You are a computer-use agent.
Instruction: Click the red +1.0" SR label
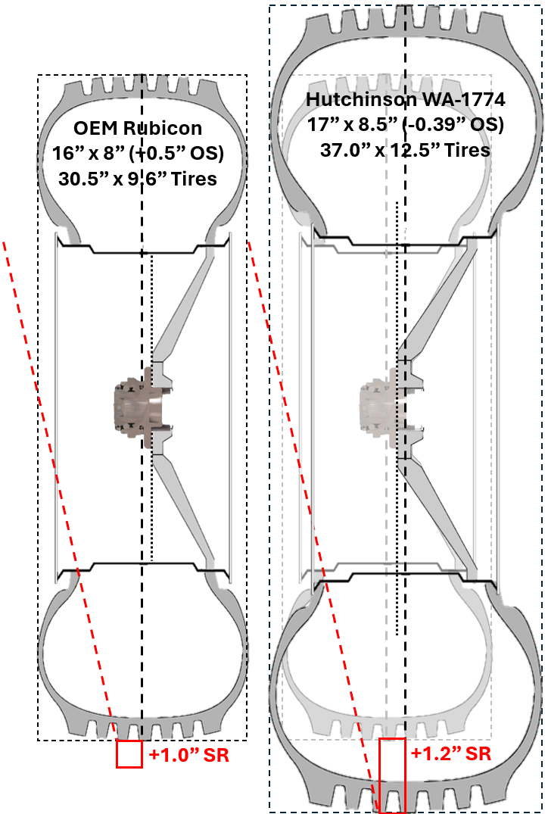pos(189,754)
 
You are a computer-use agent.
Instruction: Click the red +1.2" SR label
pos(451,753)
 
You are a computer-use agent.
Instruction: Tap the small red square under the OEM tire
pos(129,753)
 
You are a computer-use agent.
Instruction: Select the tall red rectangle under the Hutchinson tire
pos(392,775)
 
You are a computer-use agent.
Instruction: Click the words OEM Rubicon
pos(138,128)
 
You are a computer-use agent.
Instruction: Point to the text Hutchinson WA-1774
pos(405,99)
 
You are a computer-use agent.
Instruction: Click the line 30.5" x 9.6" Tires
pos(138,179)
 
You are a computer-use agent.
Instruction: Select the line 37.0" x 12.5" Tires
pos(405,150)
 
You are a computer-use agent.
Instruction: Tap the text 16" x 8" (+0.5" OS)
pos(138,153)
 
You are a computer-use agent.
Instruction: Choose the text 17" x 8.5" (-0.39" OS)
pos(405,125)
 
